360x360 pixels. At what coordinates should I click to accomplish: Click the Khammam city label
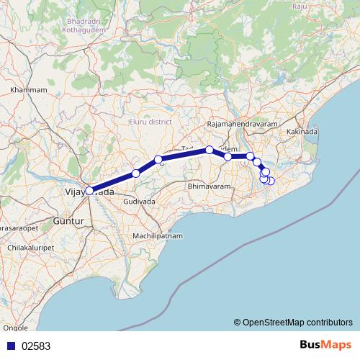pos(29,90)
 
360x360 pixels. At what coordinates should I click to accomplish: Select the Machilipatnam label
pos(158,236)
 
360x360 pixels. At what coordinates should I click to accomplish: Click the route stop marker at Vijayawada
pos(89,191)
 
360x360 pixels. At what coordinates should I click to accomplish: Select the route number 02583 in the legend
pos(36,346)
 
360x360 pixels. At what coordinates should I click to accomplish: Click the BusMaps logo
pos(327,345)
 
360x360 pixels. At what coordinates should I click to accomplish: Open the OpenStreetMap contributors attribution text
pos(292,322)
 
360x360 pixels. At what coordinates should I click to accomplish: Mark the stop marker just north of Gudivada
pos(136,174)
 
